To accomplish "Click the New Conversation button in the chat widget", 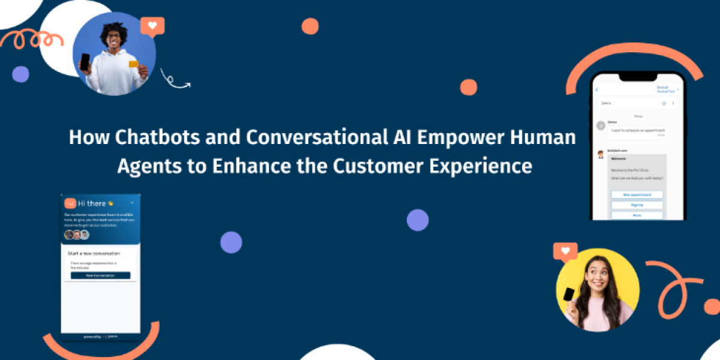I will [100, 275].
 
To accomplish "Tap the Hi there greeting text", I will [91, 203].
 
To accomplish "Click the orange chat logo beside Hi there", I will [70, 203].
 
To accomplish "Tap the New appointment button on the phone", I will [637, 195].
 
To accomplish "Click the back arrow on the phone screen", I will [598, 90].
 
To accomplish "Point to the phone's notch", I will [638, 77].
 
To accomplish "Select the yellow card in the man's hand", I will [133, 64].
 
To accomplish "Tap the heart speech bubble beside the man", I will [152, 26].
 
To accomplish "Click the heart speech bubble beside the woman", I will [565, 251].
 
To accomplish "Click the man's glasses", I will [113, 35].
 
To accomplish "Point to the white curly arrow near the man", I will [174, 80].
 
